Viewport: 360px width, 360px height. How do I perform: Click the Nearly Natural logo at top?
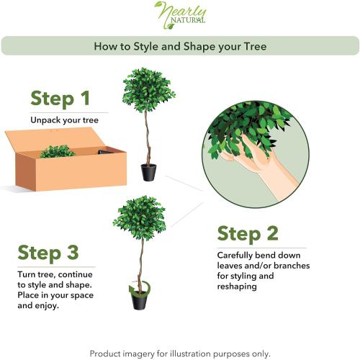[180, 16]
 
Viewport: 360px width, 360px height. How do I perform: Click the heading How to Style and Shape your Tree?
[180, 47]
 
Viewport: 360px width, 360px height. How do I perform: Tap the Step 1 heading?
[60, 99]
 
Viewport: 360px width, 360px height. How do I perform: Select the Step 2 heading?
[249, 234]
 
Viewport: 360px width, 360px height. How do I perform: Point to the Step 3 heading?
[50, 253]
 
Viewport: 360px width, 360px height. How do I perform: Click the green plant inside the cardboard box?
[58, 151]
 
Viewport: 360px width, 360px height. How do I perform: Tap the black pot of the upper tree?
[148, 172]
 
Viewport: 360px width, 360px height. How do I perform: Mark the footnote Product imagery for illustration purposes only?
[180, 354]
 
